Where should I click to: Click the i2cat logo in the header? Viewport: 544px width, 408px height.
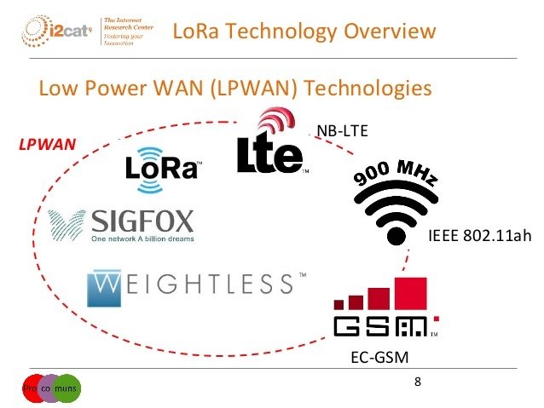coord(55,32)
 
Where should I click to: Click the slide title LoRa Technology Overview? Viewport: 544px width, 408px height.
coord(304,32)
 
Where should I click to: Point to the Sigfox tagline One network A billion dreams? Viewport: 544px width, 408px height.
coord(142,239)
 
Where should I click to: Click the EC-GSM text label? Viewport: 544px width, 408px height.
coord(373,356)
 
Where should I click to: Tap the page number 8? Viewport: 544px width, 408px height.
coord(417,380)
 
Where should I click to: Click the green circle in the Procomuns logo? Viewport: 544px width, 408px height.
coord(68,388)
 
